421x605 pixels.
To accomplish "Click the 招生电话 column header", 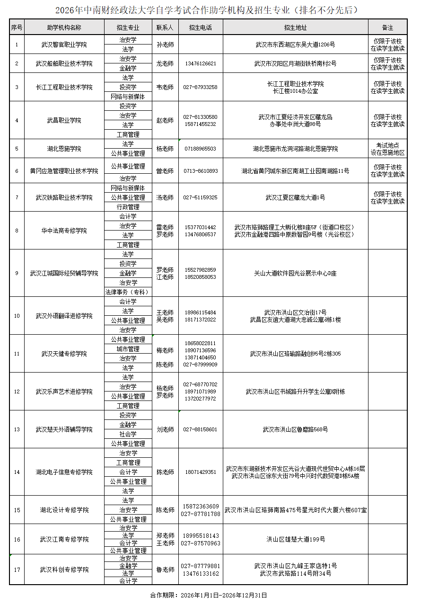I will pos(200,28).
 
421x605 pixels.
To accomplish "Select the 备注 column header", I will pos(387,28).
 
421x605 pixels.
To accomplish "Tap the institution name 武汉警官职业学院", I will pos(64,44).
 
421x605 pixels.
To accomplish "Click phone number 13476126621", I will pos(200,63).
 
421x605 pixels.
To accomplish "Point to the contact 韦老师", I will pos(165,87).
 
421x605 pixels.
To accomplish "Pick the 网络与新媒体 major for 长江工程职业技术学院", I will pos(128,97).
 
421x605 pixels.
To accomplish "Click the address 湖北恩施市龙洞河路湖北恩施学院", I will pos(295,149).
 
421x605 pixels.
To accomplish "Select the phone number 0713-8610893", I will pos(200,171).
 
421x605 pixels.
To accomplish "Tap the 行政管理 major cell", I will pos(128,207).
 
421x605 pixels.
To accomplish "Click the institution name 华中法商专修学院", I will pos(64,231).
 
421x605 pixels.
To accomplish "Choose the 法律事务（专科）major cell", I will pos(128,292).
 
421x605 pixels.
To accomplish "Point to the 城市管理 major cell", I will pos(128,349).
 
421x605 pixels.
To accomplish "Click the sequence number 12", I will pos(17,391).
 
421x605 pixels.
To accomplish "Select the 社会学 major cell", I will pos(128,434).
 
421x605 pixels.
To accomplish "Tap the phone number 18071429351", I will pos(200,472).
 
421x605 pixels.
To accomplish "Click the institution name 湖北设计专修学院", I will pos(64,510).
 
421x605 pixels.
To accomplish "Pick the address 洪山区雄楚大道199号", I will pos(295,539).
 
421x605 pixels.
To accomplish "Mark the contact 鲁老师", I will pos(165,569).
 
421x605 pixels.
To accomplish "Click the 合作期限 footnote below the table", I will pos(209,595).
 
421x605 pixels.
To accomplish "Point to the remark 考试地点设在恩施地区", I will pos(387,149).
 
